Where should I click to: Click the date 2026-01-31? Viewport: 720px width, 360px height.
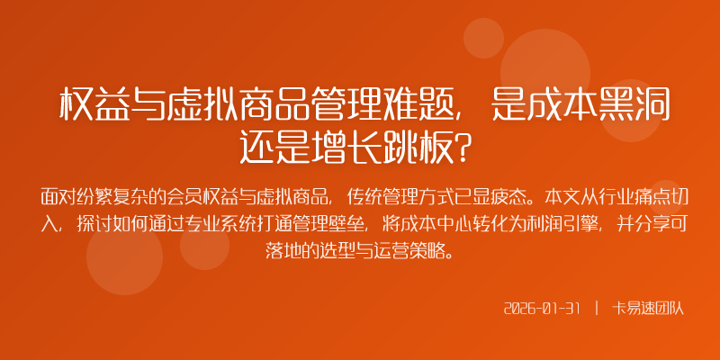click(x=541, y=308)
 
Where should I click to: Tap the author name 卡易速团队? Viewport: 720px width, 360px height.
click(x=648, y=308)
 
